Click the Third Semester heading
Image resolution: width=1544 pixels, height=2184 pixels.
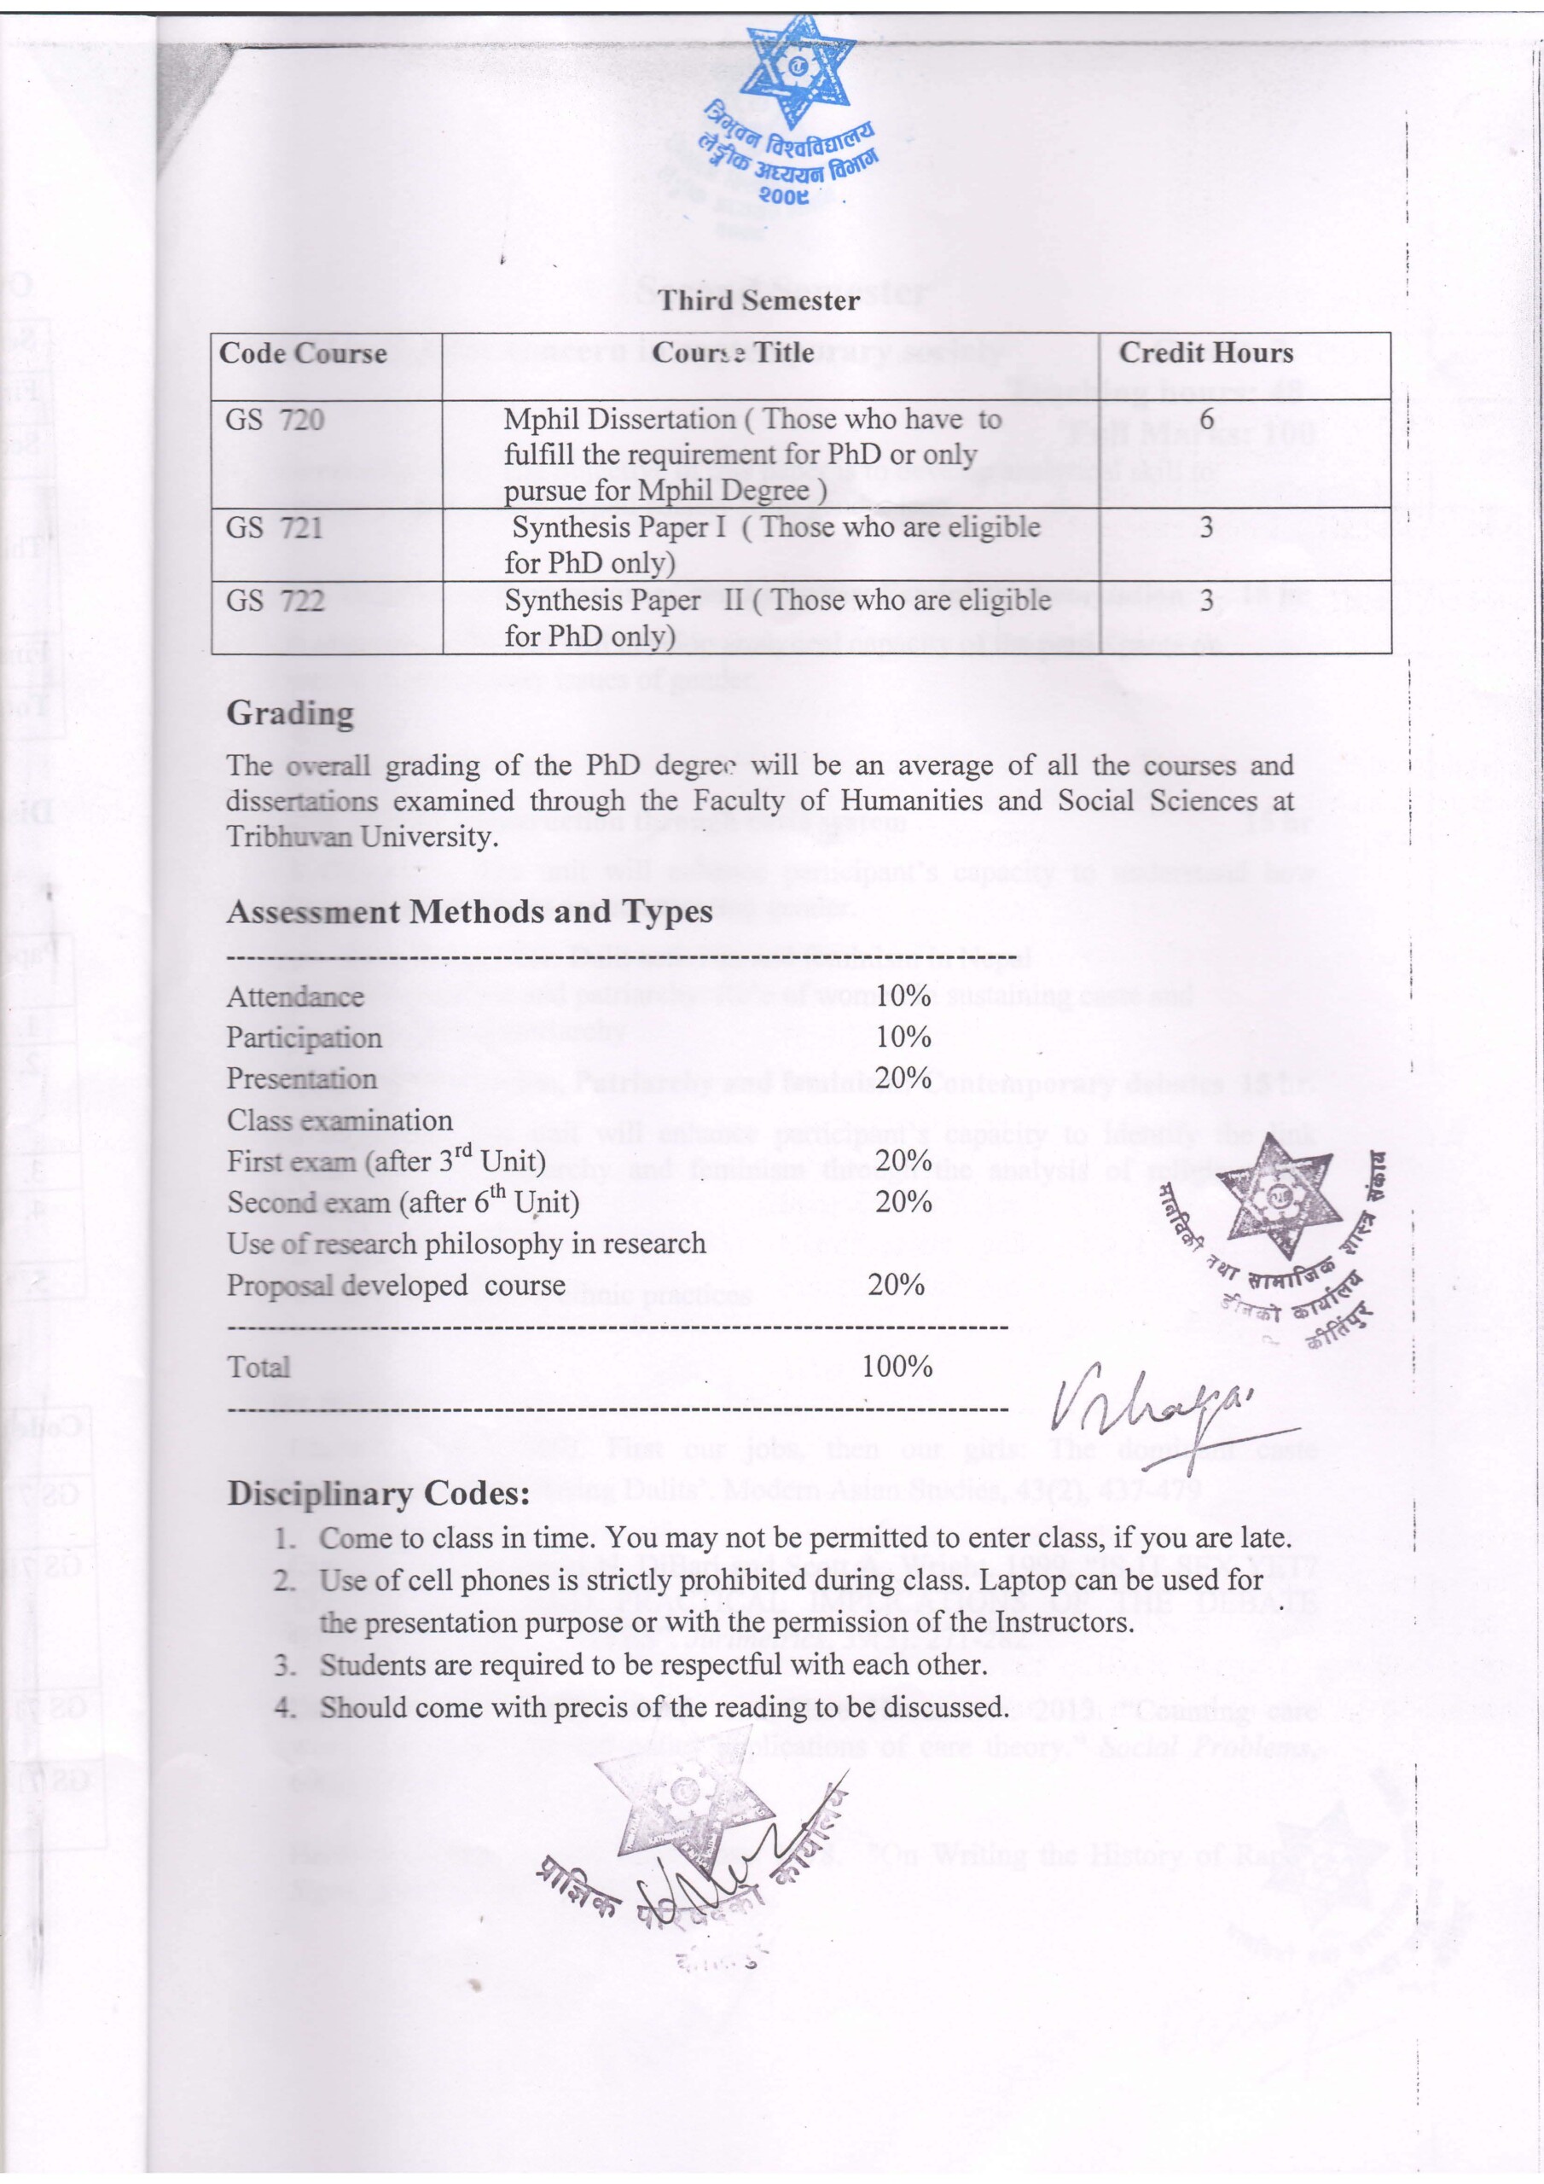pos(758,300)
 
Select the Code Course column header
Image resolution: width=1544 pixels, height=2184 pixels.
pos(303,353)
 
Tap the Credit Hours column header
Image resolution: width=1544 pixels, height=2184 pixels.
pos(1205,353)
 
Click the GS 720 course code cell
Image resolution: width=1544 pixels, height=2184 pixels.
pos(274,420)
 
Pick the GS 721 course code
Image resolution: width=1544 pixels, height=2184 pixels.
pos(274,527)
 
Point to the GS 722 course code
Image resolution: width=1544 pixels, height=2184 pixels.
pos(274,601)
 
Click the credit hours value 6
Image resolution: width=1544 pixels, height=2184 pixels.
pos(1206,420)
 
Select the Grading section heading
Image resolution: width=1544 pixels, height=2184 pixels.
pos(289,712)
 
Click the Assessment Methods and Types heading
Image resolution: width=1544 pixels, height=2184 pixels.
pos(469,911)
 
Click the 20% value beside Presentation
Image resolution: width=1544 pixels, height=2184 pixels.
pos(903,1077)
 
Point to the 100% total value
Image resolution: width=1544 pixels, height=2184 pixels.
pos(897,1367)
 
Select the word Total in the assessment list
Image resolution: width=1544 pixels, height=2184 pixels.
pos(258,1367)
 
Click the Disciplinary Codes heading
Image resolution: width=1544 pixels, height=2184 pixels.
pos(378,1494)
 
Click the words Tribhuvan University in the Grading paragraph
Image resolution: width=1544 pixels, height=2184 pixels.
pos(362,837)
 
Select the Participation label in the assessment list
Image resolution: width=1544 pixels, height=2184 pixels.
pos(304,1037)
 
